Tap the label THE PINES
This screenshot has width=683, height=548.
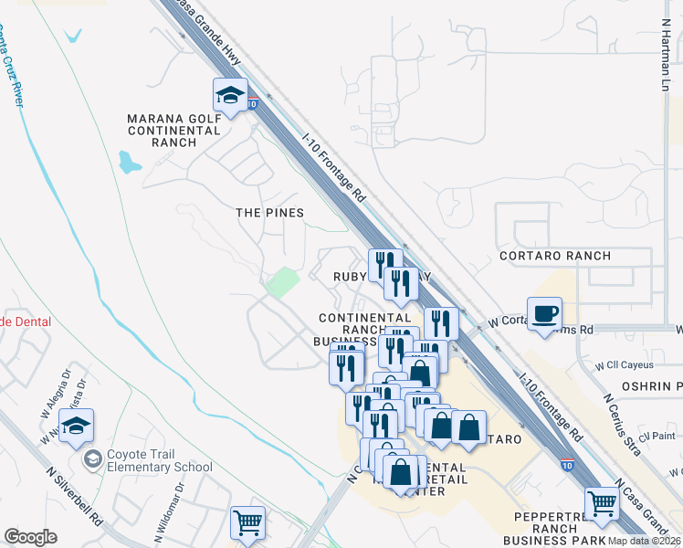coord(269,212)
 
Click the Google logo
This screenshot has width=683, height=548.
coord(31,536)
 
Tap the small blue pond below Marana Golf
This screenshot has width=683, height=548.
coord(129,163)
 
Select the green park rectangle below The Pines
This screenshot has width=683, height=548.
coord(282,282)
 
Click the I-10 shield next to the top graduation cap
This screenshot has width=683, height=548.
coord(252,104)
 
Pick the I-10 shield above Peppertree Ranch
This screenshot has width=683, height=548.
coord(567,465)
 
